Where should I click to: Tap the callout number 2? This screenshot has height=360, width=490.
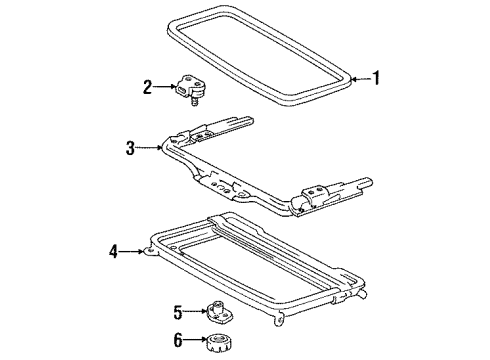click(147, 87)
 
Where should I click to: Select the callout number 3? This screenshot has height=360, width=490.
click(130, 149)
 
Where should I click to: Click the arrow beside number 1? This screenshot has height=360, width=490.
click(361, 77)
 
